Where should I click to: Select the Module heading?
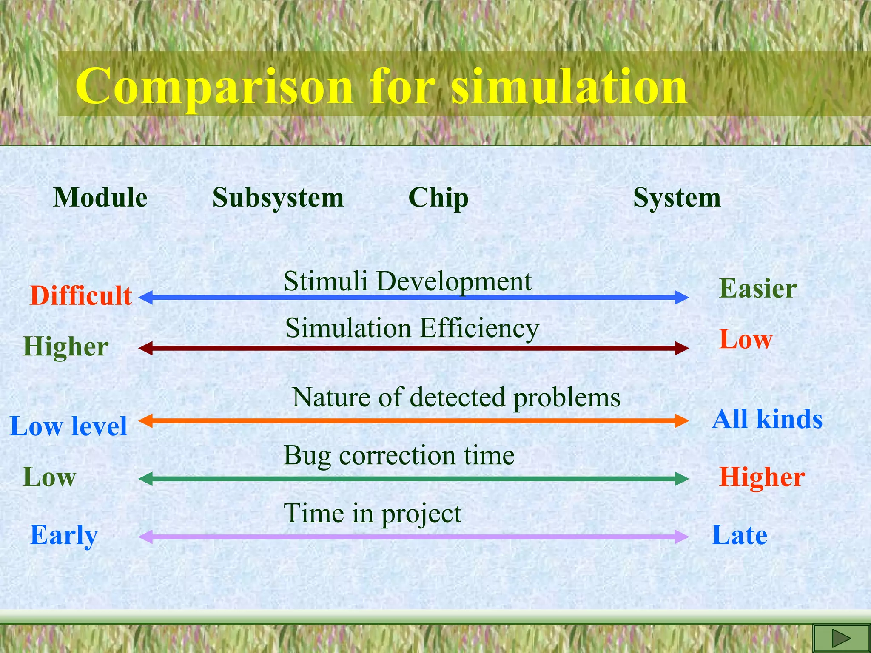coord(100,198)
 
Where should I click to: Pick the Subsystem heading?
coord(278,198)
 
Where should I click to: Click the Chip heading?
coord(438,198)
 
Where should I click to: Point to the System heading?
coord(677,198)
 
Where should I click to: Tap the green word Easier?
coord(758,289)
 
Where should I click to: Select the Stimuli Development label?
coord(407,281)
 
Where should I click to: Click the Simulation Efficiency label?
coord(412,328)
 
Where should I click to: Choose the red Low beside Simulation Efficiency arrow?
coord(746,340)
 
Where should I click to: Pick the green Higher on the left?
coord(66,347)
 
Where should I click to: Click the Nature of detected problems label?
coord(456,397)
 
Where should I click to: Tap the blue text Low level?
coord(68,426)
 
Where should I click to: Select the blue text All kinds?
coord(767,419)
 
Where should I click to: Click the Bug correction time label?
coord(399,455)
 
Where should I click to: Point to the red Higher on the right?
coord(762,477)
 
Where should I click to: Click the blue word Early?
coord(64,535)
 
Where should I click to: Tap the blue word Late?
coord(740,535)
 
